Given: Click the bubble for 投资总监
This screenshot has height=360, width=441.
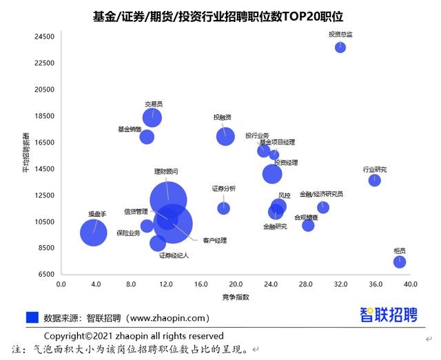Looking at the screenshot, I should (x=340, y=47).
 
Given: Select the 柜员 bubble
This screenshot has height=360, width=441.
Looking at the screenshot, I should (x=400, y=262).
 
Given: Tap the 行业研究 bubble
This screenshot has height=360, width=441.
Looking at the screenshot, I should (x=374, y=180).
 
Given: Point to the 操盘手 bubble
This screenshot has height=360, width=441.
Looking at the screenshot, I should (x=94, y=233).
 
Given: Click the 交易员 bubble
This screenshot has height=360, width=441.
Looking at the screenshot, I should (x=152, y=118).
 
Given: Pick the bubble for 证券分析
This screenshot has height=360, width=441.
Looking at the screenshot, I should (x=224, y=208).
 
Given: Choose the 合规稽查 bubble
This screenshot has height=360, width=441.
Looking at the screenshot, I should (x=308, y=225).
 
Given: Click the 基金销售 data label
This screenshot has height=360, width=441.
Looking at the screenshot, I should (x=130, y=129).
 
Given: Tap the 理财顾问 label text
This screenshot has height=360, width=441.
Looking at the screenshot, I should (x=165, y=171).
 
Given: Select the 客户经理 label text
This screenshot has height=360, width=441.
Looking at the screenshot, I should (x=214, y=240).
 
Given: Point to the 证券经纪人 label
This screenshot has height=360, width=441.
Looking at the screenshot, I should (x=174, y=255).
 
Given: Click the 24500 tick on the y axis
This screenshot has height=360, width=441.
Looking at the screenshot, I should (x=44, y=36).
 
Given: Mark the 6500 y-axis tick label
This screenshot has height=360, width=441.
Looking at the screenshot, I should (x=46, y=274).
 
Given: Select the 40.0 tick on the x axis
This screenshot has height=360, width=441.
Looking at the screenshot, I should (x=411, y=284).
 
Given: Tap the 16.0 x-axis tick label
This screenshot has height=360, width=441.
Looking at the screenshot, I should (x=201, y=284).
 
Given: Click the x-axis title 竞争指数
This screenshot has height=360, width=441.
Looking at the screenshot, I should (x=236, y=297).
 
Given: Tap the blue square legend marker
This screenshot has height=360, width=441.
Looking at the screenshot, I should (x=32, y=318).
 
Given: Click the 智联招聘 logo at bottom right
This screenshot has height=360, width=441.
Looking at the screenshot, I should (x=389, y=315).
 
